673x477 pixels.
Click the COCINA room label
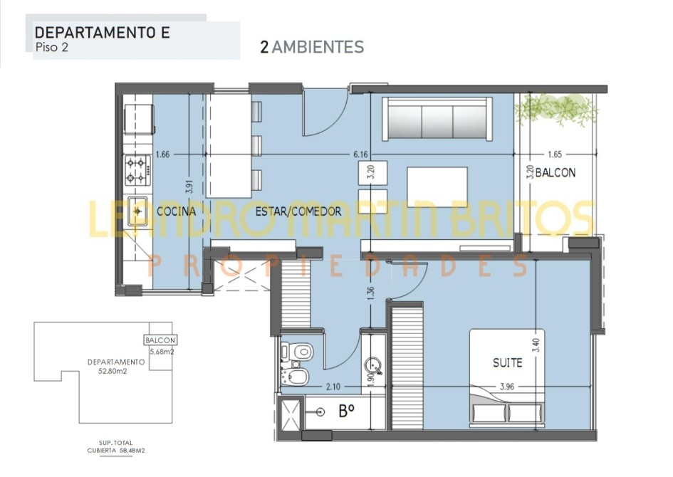176,211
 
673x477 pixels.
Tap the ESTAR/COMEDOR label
298,211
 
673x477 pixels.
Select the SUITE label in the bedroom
507,363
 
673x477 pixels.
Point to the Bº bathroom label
346,412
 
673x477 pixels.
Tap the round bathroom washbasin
372,367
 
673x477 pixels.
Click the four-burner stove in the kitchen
137,170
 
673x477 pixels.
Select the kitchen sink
137,211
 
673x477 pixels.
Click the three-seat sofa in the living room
437,119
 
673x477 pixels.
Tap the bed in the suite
507,379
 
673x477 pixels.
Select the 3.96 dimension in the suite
507,387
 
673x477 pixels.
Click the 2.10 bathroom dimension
333,387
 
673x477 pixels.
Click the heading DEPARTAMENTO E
102,33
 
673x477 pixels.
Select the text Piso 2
51,47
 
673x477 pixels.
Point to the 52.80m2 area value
113,372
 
